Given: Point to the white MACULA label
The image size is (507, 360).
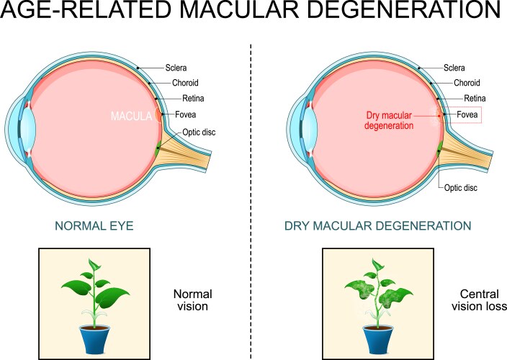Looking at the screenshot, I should coord(131,115).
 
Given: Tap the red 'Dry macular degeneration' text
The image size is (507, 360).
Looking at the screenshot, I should coord(390,119).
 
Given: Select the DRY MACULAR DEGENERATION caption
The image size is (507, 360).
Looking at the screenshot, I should coord(377,225).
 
